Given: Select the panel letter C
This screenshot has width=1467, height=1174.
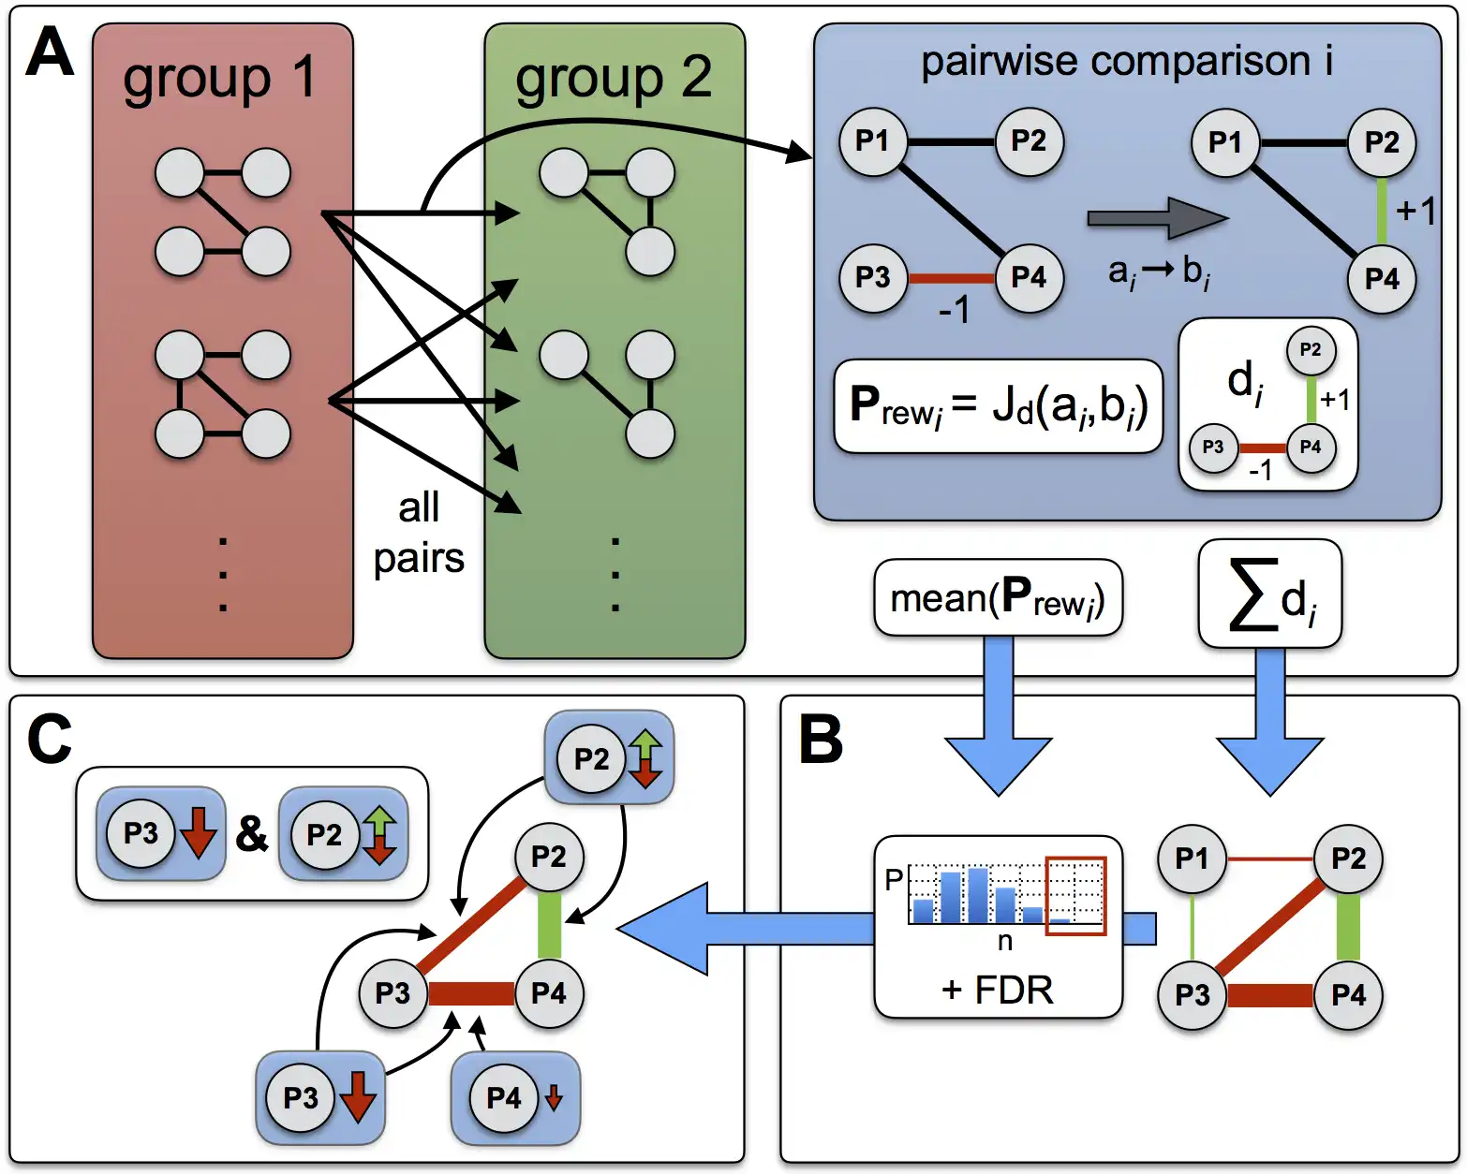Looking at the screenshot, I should pos(50,740).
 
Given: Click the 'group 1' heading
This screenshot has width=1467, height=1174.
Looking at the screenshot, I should pos(220,79).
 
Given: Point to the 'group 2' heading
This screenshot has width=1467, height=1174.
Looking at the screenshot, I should pos(614,79).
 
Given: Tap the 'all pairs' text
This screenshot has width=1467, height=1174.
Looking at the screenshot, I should pos(419,534).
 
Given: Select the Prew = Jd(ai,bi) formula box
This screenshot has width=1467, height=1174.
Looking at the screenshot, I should pos(998,405).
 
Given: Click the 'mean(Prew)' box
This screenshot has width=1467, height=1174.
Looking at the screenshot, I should pos(998,598).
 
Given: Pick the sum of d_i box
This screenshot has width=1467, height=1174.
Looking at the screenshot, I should pos(1270,594).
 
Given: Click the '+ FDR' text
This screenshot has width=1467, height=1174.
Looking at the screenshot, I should pos(998,990).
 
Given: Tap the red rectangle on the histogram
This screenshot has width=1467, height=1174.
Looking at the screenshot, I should pos(1075,895).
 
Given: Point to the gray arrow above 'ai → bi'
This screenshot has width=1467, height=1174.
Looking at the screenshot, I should pos(1156,219).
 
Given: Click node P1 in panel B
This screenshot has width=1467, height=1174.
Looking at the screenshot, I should pos(1192,858).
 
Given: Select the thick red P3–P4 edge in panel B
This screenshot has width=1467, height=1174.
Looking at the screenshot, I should pos(1270,995).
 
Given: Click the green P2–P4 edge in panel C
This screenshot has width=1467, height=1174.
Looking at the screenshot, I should pos(549,925).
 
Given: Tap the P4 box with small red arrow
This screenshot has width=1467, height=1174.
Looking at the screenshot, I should pos(515,1097).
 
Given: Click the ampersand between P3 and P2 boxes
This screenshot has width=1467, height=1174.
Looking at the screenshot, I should pos(251,833).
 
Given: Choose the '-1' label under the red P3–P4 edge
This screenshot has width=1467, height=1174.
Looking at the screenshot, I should pos(954,308).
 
